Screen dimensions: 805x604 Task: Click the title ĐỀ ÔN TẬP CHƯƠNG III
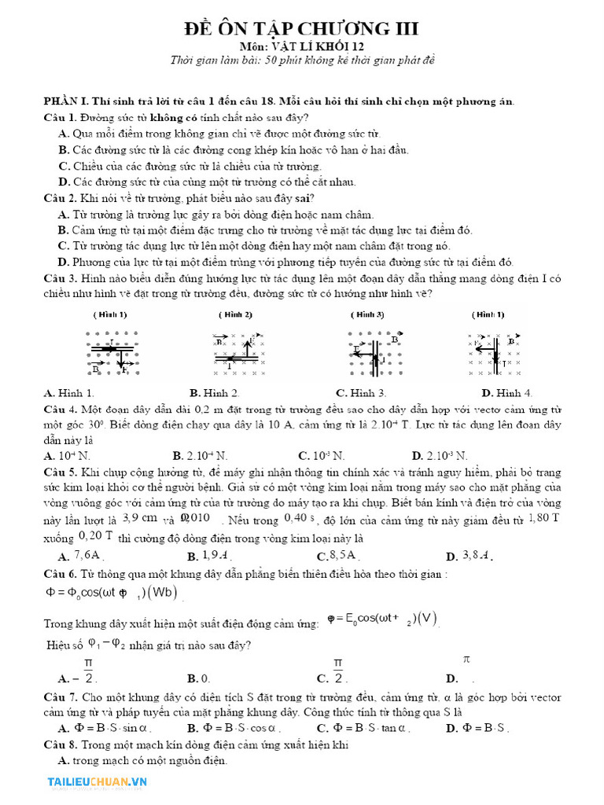tap(302, 29)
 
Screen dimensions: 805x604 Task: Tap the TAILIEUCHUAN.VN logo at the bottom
tap(98, 781)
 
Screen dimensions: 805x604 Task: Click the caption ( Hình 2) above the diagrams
tap(235, 314)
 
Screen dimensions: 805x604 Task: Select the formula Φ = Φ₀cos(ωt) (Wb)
tap(111, 592)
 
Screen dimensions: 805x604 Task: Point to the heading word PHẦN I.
tap(67, 101)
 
